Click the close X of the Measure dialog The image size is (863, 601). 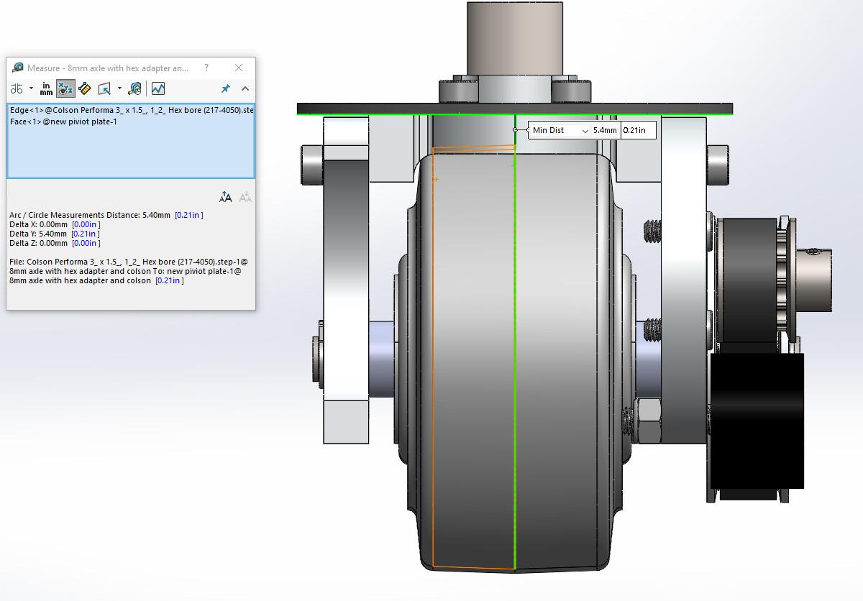[x=239, y=68]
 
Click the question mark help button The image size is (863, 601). [x=206, y=68]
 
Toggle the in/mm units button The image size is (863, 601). [x=46, y=89]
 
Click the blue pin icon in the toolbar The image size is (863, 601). [x=225, y=89]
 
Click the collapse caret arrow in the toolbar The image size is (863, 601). [x=245, y=89]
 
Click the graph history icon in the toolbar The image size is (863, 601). [x=158, y=89]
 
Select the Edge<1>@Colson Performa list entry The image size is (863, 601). [x=132, y=110]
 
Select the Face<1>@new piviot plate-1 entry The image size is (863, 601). [x=63, y=121]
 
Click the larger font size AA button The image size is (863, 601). [x=225, y=198]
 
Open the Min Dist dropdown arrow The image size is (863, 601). [x=585, y=131]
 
